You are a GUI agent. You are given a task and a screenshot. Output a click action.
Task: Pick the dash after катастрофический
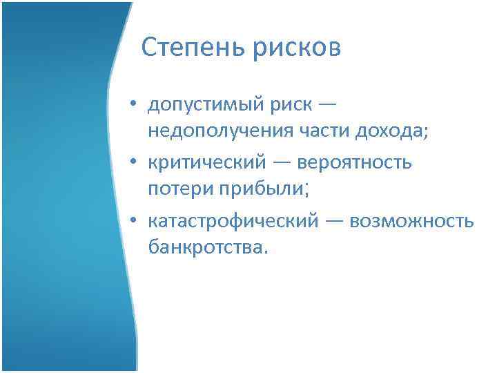coord(334,220)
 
